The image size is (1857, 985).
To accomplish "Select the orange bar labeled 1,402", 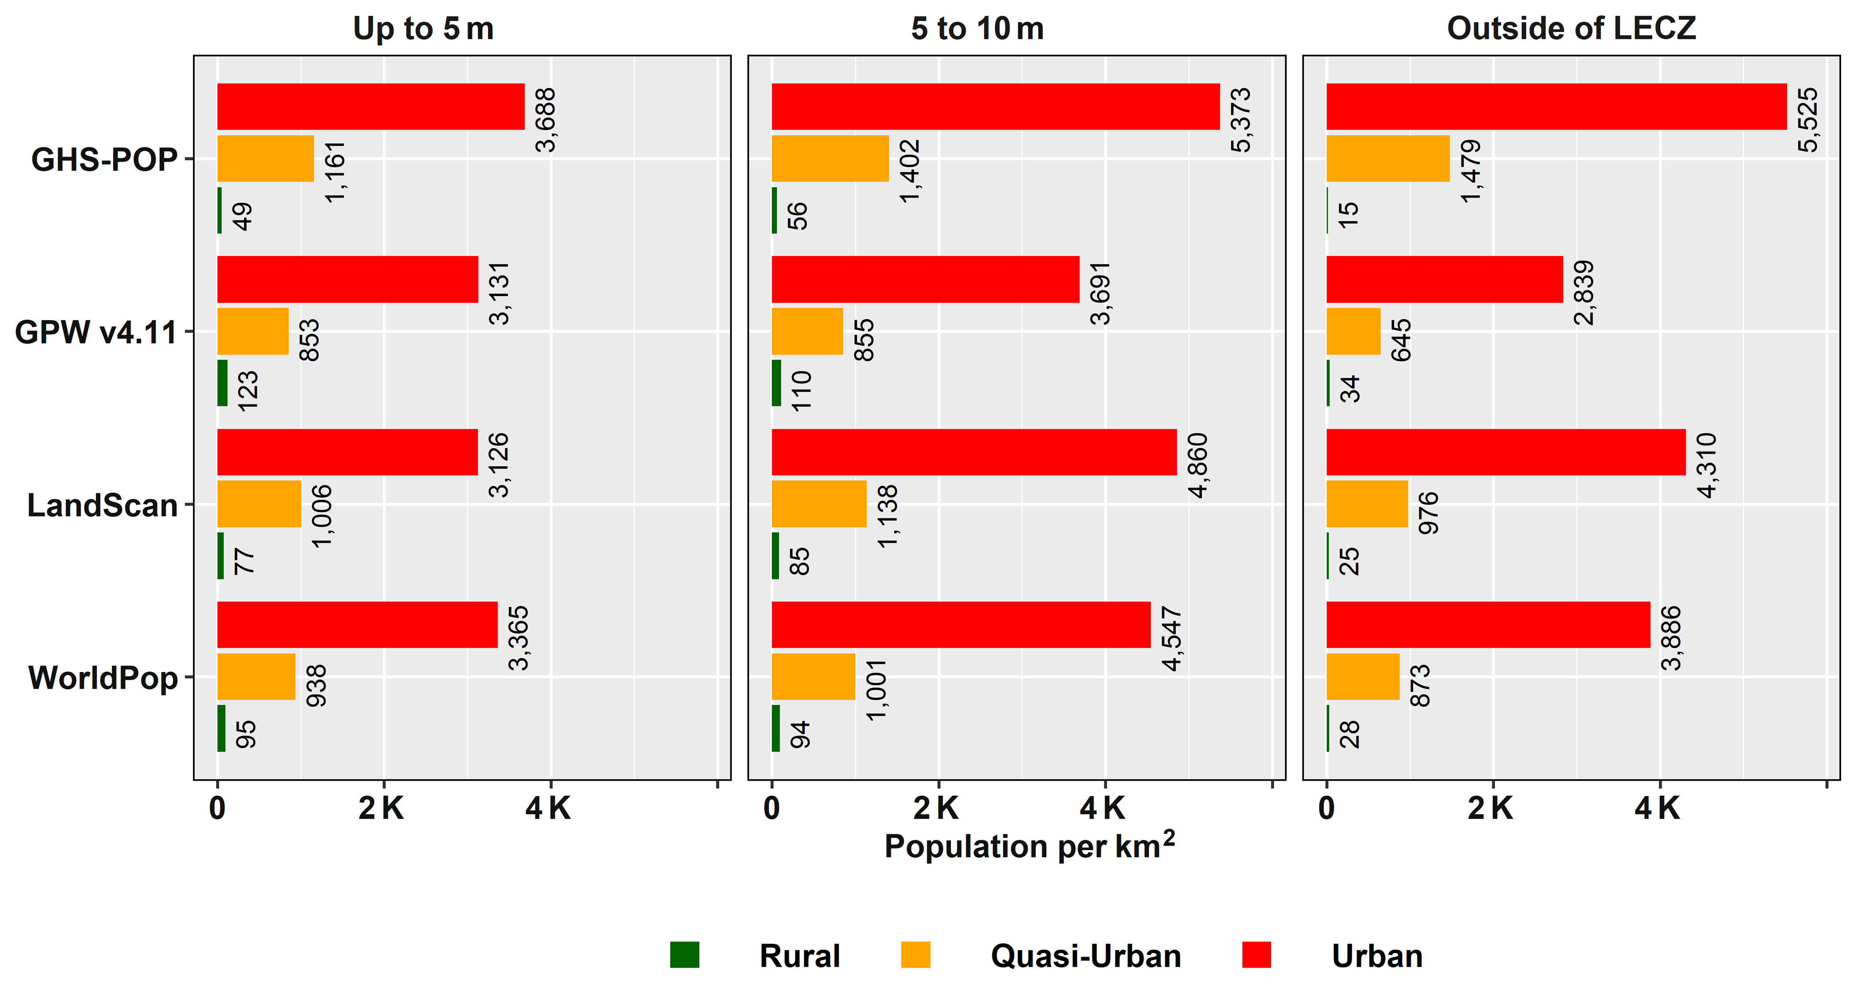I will [x=830, y=159].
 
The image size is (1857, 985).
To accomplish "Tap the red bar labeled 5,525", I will [x=1556, y=107].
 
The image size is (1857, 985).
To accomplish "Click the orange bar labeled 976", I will [x=1367, y=504].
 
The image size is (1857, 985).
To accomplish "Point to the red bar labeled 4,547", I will [x=961, y=624].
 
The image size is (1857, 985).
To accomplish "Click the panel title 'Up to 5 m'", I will [x=423, y=29].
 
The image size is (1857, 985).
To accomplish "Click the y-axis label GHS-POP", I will [x=104, y=159].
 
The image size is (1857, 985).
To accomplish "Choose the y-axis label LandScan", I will [x=103, y=505].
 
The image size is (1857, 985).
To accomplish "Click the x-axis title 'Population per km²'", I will [x=1029, y=846].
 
